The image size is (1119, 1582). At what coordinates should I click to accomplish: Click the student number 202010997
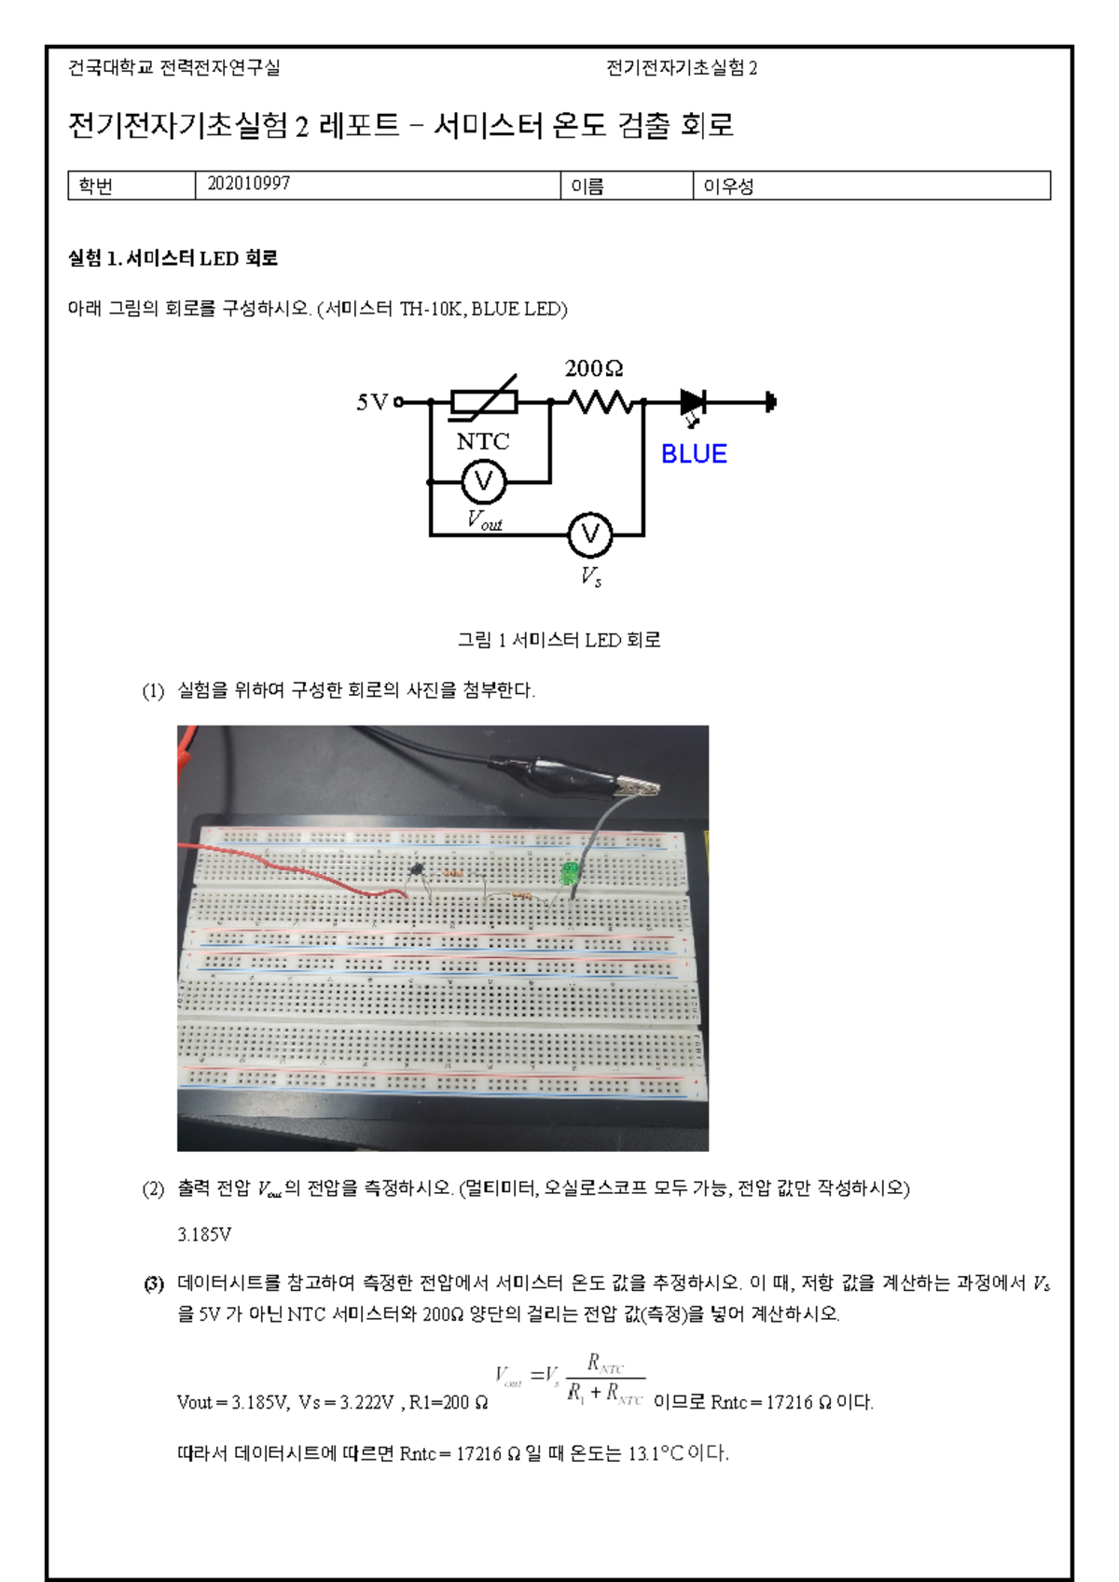[x=248, y=184]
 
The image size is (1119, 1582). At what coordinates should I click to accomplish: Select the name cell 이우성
[x=728, y=187]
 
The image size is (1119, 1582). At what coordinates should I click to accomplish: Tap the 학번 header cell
[x=95, y=187]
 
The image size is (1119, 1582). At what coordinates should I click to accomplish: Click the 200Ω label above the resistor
[x=594, y=368]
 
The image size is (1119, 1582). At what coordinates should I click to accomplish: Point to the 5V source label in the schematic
[x=372, y=402]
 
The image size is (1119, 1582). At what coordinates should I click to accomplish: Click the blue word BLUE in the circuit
[x=694, y=454]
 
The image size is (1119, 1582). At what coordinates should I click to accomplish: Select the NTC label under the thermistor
[x=483, y=441]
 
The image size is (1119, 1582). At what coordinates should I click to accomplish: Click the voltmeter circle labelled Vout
[x=483, y=481]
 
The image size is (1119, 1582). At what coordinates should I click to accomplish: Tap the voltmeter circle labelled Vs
[x=590, y=534]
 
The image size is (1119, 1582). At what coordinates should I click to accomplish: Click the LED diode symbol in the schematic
[x=693, y=403]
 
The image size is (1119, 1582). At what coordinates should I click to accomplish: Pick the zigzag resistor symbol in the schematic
[x=601, y=403]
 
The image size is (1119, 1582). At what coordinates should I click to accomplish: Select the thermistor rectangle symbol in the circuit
[x=484, y=402]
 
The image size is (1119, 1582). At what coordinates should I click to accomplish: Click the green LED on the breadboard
[x=569, y=874]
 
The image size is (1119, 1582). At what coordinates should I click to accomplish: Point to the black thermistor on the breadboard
[x=418, y=870]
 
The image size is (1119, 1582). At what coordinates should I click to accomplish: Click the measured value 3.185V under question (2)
[x=204, y=1234]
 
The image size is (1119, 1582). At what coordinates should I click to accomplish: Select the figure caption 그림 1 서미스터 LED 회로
[x=559, y=640]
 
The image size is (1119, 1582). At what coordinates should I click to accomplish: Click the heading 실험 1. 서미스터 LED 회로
[x=173, y=258]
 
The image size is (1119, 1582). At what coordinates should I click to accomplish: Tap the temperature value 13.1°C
[x=656, y=1453]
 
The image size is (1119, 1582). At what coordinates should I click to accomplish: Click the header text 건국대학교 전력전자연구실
[x=174, y=67]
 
